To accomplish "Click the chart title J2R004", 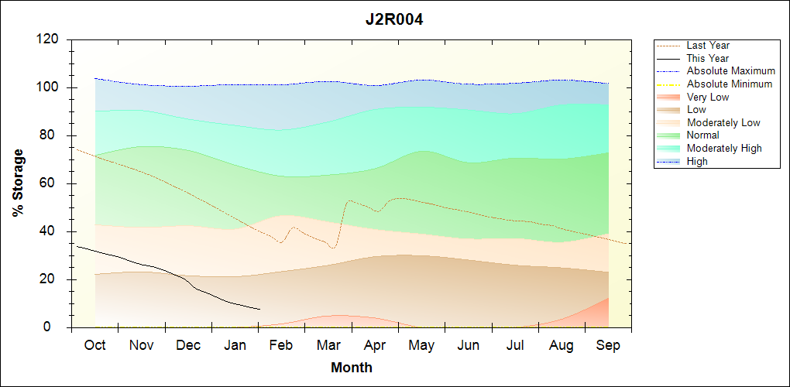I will (394, 19).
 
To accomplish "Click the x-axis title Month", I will (352, 368).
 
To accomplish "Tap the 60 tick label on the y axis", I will (52, 183).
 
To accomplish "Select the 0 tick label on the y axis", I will (56, 327).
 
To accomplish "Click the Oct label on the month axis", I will (94, 345).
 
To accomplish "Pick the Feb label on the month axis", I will (281, 345).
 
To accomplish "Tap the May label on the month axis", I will (421, 345).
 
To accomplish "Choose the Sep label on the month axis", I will (608, 345).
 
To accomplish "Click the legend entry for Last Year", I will (708, 46).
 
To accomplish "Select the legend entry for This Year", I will (708, 58).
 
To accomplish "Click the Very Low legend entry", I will (708, 97).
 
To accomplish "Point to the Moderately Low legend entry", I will (723, 122).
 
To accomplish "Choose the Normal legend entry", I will (703, 135).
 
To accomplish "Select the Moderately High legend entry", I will (724, 148).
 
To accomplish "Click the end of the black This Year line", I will (259, 309).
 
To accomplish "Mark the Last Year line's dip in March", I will (333, 248).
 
